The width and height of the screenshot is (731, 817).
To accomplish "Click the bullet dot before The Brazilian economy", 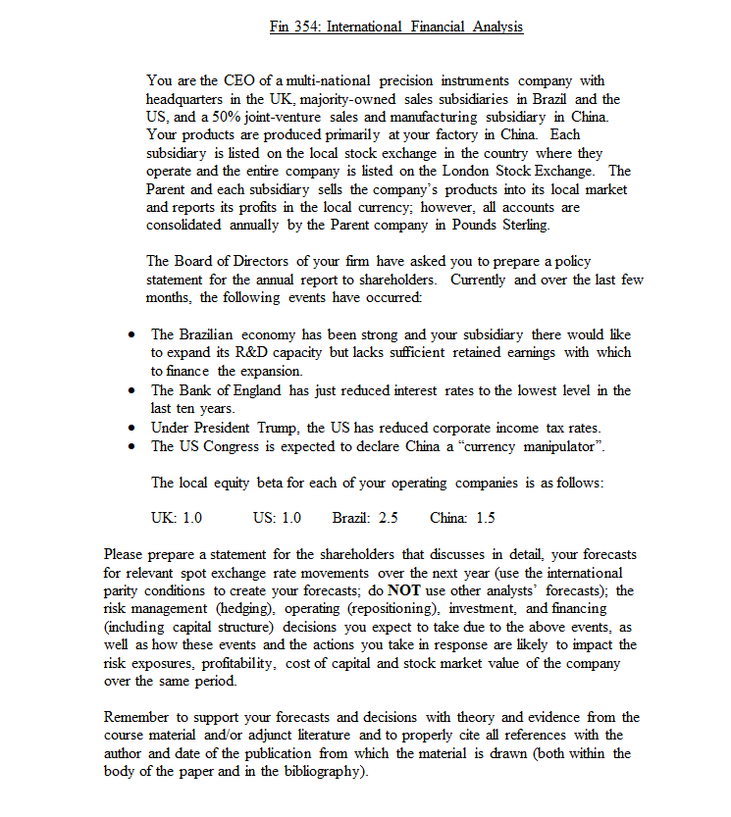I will click(131, 335).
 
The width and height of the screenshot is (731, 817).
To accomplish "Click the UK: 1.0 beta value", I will click(176, 518).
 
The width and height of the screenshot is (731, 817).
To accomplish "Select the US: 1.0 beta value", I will click(277, 518).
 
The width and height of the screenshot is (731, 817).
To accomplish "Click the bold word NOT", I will click(402, 590).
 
